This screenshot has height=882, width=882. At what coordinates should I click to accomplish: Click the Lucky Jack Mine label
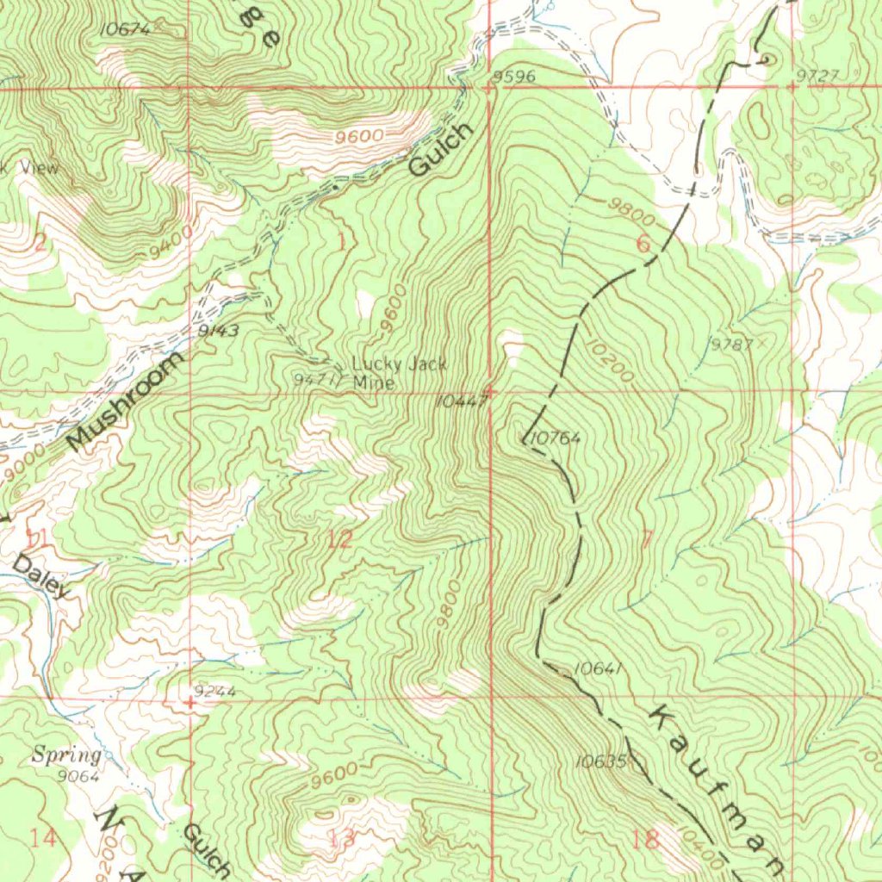[399, 373]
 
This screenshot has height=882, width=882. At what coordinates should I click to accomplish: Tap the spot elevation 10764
[556, 438]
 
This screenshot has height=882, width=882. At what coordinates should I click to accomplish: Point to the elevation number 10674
[126, 29]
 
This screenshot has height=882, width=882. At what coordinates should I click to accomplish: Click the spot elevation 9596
[514, 78]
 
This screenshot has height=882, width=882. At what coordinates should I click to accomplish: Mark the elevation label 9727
[817, 76]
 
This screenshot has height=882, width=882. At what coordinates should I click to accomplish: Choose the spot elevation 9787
[731, 345]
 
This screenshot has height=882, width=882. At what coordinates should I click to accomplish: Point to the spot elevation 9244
[215, 691]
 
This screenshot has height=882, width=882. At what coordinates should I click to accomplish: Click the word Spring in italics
[66, 756]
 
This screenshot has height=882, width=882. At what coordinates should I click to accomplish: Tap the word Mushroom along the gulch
[126, 401]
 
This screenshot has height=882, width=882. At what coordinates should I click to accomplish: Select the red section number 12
[340, 540]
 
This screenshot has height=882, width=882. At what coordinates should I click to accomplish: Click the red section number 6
[643, 244]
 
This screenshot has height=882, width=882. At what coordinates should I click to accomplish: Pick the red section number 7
[647, 540]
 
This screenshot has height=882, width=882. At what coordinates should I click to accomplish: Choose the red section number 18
[646, 839]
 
